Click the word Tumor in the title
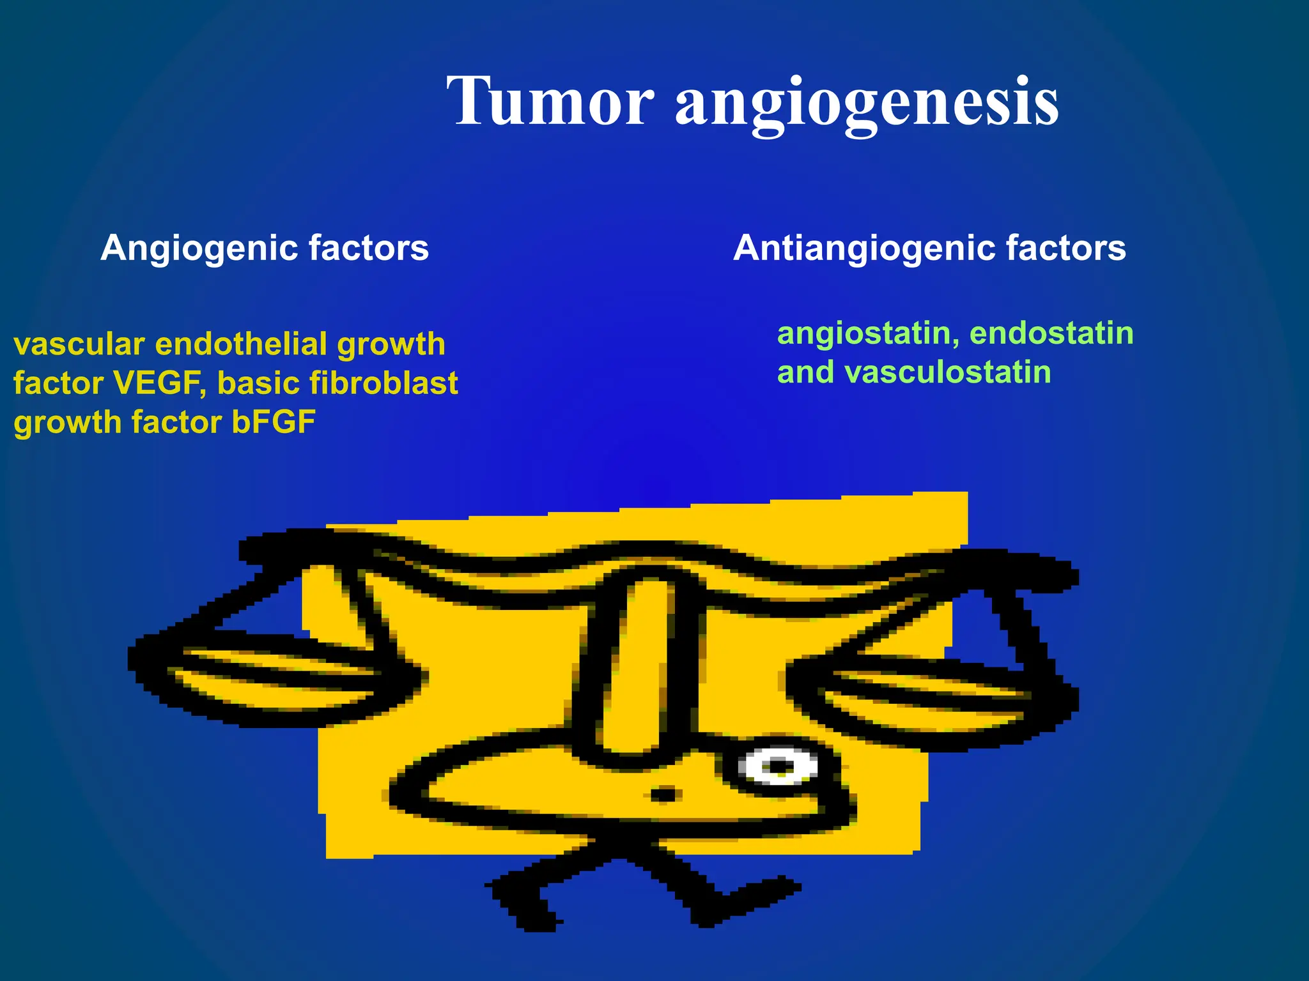(550, 102)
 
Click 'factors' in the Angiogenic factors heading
(369, 248)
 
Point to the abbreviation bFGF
(274, 422)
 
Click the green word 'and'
(805, 372)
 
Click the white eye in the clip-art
(778, 766)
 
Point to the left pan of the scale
(275, 677)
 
